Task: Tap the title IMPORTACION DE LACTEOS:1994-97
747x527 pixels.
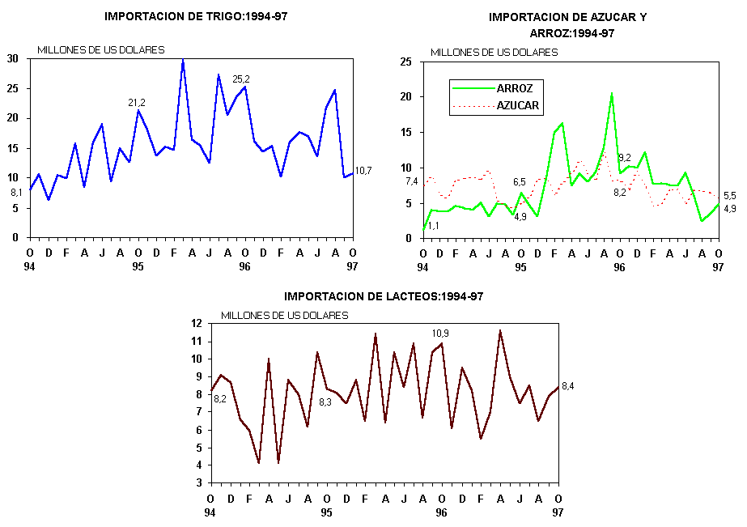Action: pyautogui.click(x=384, y=296)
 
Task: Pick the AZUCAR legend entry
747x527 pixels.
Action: pyautogui.click(x=518, y=105)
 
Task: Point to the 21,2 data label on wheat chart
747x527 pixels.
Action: pyautogui.click(x=137, y=103)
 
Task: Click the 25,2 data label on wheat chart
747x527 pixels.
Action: pyautogui.click(x=241, y=79)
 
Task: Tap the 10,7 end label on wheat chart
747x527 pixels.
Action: pyautogui.click(x=363, y=171)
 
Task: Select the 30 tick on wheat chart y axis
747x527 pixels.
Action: pyautogui.click(x=13, y=58)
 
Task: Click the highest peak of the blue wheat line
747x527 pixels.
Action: pyautogui.click(x=183, y=60)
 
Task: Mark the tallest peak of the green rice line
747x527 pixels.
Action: pyautogui.click(x=611, y=94)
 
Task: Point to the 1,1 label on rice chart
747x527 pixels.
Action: pyautogui.click(x=434, y=226)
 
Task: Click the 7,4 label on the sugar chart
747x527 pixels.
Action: pyautogui.click(x=410, y=181)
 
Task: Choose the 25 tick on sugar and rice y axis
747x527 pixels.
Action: pyautogui.click(x=405, y=62)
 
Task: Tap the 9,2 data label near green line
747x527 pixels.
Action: pyautogui.click(x=625, y=158)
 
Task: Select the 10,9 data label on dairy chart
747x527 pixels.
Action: pyautogui.click(x=440, y=333)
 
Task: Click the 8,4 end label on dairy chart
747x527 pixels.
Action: pyautogui.click(x=568, y=385)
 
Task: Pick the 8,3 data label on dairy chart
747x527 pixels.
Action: pyautogui.click(x=325, y=402)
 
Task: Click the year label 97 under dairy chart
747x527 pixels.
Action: pyautogui.click(x=558, y=512)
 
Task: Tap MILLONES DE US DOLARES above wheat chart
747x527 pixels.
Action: pyautogui.click(x=100, y=50)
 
